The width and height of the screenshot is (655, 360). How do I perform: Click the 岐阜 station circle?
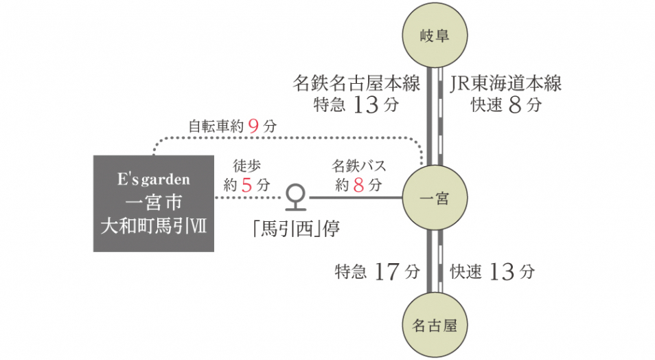tap(435, 35)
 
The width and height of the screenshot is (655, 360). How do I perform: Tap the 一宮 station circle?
tap(435, 197)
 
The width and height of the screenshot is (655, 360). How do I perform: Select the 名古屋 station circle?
tap(435, 324)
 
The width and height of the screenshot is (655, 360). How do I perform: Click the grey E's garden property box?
tap(154, 203)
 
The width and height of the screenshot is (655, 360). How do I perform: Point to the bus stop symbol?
tap(296, 197)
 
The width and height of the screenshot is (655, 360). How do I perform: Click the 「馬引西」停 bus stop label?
tap(296, 228)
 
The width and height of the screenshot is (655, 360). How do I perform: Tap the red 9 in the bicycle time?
tap(253, 126)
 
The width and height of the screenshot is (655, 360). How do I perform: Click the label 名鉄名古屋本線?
tap(356, 83)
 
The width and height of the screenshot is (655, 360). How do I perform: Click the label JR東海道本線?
tap(505, 83)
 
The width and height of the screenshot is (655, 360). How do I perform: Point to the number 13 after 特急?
tap(365, 104)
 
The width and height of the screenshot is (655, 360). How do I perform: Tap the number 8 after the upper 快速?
tap(515, 104)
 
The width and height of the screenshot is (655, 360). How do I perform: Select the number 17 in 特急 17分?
tap(387, 272)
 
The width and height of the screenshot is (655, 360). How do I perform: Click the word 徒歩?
tap(247, 166)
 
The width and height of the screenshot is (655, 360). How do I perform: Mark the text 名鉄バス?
tap(359, 166)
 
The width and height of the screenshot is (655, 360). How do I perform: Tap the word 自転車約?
tap(216, 126)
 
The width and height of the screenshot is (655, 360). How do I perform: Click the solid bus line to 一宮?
tap(356, 197)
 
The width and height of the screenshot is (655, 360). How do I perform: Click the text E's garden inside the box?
tap(154, 179)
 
